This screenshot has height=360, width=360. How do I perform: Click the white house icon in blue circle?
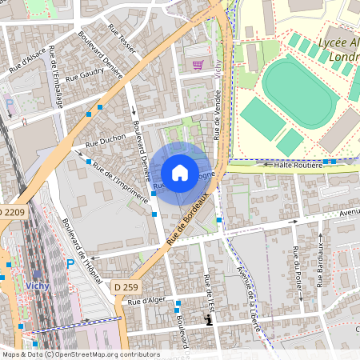(x=180, y=173)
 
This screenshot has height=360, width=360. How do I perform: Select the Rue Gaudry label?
(x=86, y=75)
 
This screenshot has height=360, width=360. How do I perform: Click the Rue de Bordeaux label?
(x=188, y=224)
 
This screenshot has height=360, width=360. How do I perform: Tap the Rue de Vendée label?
(x=216, y=116)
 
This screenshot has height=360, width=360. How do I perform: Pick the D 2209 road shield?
(x=12, y=212)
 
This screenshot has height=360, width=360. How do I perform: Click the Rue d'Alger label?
(x=145, y=302)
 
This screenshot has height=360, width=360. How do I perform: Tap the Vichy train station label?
(x=38, y=286)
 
